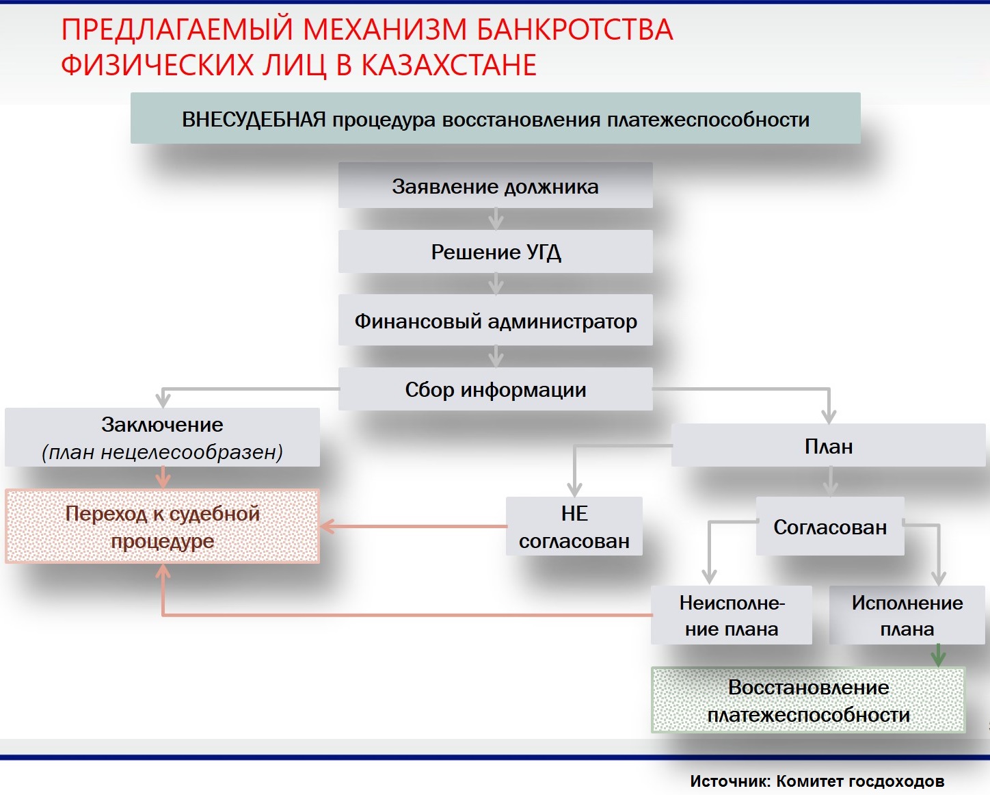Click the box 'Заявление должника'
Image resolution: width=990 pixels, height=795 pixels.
coord(495,186)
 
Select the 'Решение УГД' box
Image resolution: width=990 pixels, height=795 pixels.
coord(495,252)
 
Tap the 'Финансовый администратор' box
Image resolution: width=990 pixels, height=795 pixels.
coord(495,320)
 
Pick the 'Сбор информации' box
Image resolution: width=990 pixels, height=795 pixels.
coord(495,389)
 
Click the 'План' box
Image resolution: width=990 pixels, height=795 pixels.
coord(828,446)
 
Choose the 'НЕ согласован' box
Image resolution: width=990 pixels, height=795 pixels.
coord(574,527)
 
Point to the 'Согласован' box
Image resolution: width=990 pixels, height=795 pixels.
coord(829,527)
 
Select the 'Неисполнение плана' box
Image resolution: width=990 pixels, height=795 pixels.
coord(731,615)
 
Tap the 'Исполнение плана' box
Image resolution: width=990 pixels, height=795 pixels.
coord(907,615)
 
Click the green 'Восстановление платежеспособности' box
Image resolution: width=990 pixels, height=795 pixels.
coord(808,701)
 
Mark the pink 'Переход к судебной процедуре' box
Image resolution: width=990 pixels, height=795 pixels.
coord(162,527)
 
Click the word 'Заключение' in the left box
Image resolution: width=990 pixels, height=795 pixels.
coord(162,424)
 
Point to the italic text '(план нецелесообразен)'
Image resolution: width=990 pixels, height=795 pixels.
coord(162,452)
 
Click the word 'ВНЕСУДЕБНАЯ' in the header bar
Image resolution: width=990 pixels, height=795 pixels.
coord(254,120)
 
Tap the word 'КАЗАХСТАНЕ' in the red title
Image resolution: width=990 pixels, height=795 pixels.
coord(449,65)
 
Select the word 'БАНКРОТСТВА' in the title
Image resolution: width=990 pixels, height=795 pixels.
coord(574,30)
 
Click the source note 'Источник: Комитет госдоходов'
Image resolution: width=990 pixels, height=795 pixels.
coord(817,781)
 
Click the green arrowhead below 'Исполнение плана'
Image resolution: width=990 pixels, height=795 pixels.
coord(938,657)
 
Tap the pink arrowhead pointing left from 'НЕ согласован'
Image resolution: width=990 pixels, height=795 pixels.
coord(327,526)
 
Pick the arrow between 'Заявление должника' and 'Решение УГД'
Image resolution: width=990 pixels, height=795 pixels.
coord(496,220)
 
